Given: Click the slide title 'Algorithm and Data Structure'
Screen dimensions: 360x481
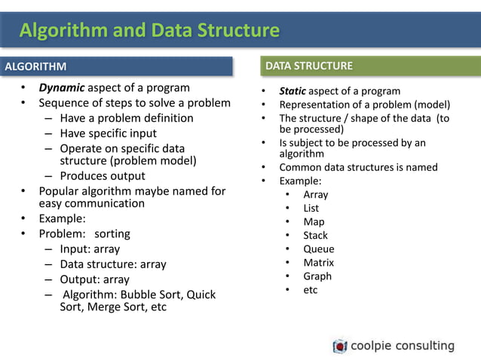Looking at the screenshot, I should click(149, 31).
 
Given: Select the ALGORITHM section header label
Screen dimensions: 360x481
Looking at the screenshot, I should click(35, 67).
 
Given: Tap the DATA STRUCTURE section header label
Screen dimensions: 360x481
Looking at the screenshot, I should click(308, 66).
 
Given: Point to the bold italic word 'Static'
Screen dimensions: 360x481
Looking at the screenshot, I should click(293, 91).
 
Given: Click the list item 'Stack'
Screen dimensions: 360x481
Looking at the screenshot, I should click(315, 235).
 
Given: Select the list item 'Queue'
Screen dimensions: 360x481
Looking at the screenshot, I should click(318, 249).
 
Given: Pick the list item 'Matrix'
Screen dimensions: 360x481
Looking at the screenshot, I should click(318, 262).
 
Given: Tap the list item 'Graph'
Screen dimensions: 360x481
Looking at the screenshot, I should click(317, 276).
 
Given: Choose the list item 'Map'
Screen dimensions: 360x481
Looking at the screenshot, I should click(314, 221).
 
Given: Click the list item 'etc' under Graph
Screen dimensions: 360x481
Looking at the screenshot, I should click(311, 289).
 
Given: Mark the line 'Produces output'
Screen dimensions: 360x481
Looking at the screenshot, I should click(102, 176).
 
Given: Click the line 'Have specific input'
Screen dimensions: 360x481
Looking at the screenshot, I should click(109, 133).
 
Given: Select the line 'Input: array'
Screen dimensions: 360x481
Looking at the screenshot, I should click(90, 249).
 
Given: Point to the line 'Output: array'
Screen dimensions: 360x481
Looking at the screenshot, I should click(94, 279).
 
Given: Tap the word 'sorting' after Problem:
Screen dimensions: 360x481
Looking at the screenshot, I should click(112, 233).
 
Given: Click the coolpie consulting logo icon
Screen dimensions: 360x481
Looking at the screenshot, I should click(340, 346).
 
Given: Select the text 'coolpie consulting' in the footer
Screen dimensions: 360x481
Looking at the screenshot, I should click(402, 346).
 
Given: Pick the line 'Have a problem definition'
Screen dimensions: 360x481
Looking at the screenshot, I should click(126, 118).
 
